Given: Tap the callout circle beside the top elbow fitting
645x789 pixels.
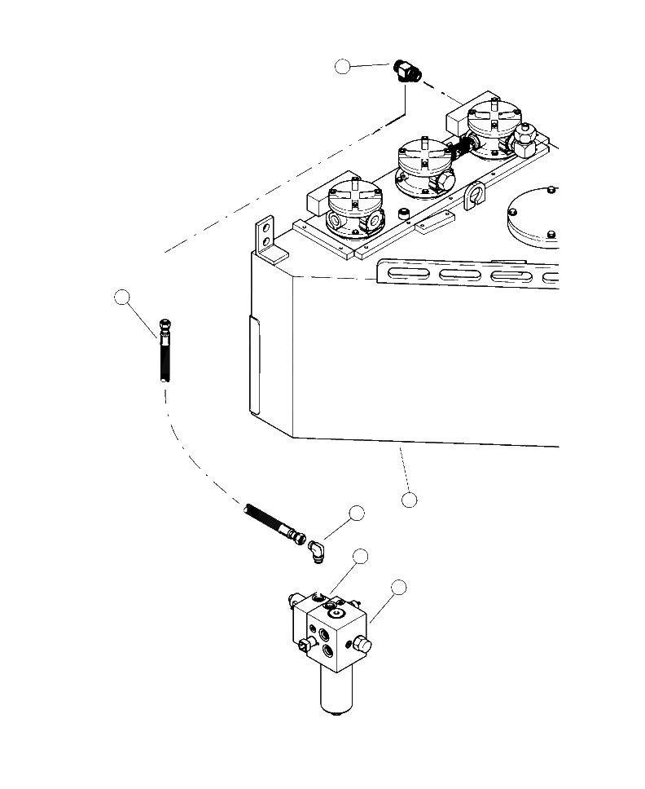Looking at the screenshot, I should click(344, 67).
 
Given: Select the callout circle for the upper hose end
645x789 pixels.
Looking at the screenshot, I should click(122, 298).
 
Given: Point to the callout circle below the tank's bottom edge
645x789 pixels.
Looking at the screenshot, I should click(410, 499).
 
